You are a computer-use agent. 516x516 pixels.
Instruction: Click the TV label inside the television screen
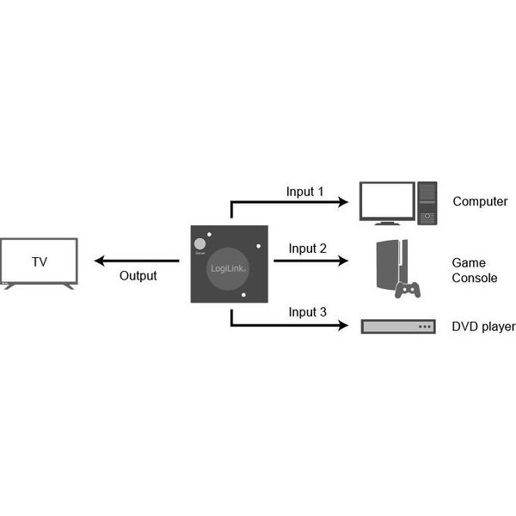pos(40,262)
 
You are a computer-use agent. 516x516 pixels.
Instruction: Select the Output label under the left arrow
pos(138,276)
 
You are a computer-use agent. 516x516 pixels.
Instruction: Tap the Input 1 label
pos(304,192)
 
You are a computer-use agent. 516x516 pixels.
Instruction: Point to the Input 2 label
pos(307,249)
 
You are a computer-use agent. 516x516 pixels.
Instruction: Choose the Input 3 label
pos(307,312)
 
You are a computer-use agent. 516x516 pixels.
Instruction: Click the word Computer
pos(480,201)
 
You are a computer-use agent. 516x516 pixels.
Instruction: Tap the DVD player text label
pos(483,327)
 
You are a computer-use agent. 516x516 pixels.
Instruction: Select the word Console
pos(475,278)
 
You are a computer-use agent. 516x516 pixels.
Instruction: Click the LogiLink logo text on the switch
pos(228,268)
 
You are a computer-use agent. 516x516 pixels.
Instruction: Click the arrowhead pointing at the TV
pos(99,261)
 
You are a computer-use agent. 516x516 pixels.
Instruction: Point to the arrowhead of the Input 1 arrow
pos(343,202)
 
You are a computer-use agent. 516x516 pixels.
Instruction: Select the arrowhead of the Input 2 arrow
pos(343,261)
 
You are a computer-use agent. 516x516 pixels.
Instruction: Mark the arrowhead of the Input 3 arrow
pos(343,325)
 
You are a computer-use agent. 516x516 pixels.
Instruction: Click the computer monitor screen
pos(387,200)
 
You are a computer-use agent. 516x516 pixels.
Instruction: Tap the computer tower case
pos(427,203)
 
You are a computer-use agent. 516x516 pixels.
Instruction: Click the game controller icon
pos(408,290)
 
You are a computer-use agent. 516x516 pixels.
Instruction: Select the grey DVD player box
pos(398,327)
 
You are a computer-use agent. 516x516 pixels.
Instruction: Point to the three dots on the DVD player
pos(425,327)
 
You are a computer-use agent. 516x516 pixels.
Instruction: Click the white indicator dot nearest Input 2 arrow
pos(258,246)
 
